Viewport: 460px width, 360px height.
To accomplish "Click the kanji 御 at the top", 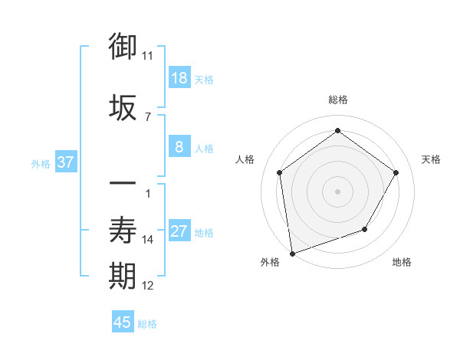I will pos(123,47).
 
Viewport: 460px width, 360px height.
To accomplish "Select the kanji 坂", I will pos(123,106).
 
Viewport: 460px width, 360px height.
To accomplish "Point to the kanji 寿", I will pos(123,230).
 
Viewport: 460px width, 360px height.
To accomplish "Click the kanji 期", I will pos(123,276).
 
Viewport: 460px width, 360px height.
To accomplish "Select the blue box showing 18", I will pos(179,78).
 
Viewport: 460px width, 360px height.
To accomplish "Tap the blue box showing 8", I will pos(179,147).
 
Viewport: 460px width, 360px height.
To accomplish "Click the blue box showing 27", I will pos(179,231).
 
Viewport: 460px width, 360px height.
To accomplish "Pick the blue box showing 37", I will pos(65,162).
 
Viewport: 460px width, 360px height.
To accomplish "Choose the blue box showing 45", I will pos(123,322).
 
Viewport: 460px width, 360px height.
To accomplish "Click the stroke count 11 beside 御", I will pos(147,56).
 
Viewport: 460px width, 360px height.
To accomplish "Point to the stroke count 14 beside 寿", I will pos(148,240).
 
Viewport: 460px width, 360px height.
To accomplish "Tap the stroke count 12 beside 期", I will pos(148,286).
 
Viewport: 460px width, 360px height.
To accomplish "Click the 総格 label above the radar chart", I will pos(338,100).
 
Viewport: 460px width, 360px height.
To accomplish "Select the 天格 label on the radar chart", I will pos(431,159).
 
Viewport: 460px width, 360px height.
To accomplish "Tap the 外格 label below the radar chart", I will pos(270,262).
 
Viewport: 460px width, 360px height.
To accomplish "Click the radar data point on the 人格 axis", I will pos(279,172).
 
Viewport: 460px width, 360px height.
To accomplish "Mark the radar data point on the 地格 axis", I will pos(365,229).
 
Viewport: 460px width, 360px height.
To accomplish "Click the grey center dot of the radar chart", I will pos(337,191).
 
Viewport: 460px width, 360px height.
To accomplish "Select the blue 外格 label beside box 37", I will pos(41,163).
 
